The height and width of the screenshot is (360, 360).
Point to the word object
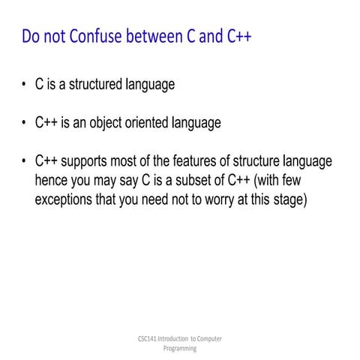click(112, 123)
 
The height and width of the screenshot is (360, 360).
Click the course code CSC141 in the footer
click(139, 339)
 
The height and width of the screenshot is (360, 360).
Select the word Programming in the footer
click(180, 349)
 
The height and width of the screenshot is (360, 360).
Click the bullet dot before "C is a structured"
click(24, 85)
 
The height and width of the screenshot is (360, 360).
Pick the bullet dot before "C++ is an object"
click(24, 123)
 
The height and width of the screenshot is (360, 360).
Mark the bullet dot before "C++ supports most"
click(24, 162)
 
